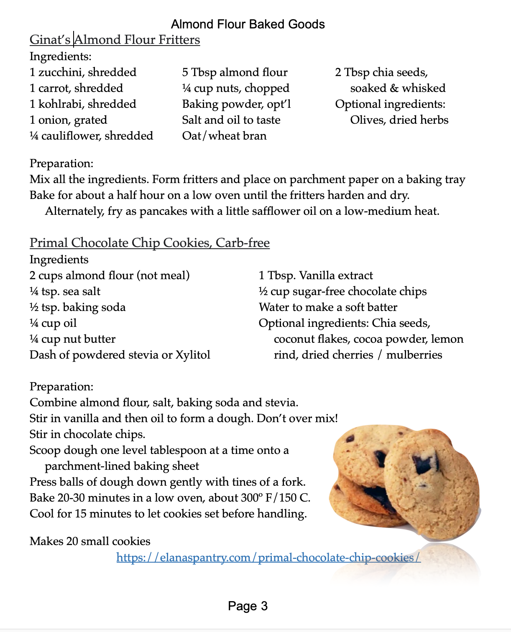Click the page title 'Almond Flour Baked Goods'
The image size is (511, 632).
click(x=248, y=24)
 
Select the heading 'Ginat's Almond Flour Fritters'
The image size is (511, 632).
click(x=115, y=40)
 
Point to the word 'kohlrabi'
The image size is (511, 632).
click(x=61, y=104)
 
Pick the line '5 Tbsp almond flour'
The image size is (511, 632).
click(x=235, y=72)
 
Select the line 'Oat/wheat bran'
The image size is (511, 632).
click(x=224, y=136)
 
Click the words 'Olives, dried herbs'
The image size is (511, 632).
click(x=399, y=120)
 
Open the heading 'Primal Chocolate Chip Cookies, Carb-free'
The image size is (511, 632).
click(x=149, y=243)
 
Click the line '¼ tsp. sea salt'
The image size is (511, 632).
click(x=65, y=291)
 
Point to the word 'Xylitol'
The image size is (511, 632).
click(x=192, y=355)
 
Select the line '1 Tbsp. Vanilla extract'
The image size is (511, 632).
click(x=316, y=275)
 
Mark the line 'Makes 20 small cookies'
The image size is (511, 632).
click(x=90, y=541)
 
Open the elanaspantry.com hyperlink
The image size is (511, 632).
click(x=268, y=558)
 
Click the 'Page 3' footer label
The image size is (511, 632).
click(x=248, y=606)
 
